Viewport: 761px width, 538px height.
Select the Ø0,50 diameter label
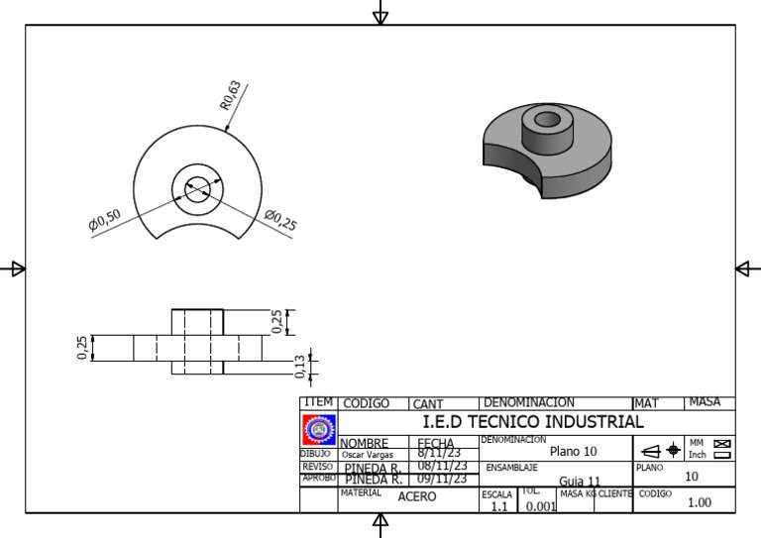104,221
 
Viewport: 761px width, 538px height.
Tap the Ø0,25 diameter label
280,220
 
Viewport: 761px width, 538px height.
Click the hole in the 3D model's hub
545,121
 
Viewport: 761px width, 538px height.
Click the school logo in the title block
318,429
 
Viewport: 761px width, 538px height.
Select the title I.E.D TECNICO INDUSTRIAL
533,422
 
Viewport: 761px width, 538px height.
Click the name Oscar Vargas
368,455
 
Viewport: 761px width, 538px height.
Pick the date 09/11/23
441,479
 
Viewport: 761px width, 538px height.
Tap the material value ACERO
416,497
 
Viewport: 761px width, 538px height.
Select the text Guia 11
580,481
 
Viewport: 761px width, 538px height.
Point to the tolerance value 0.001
540,505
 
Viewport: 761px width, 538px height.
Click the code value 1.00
700,502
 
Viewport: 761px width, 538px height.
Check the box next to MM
721,443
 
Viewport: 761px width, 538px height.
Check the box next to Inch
721,455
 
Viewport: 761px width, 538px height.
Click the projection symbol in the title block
659,450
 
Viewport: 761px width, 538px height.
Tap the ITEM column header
319,402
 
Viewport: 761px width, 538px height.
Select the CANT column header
428,403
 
